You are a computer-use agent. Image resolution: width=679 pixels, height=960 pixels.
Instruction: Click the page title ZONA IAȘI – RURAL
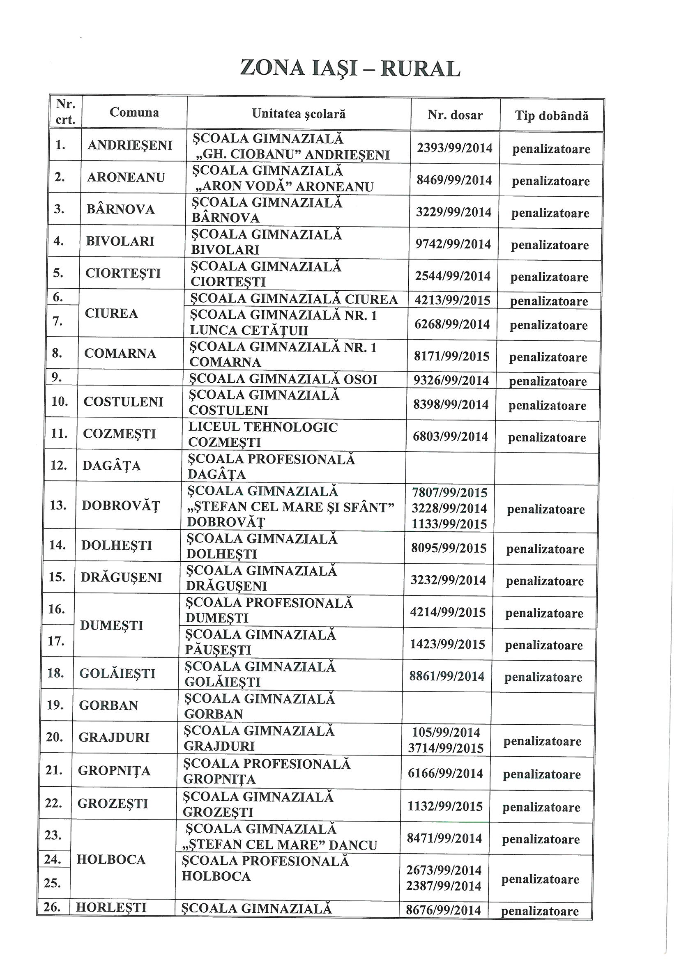click(x=350, y=68)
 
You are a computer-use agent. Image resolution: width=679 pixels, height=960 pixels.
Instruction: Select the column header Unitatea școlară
click(x=299, y=114)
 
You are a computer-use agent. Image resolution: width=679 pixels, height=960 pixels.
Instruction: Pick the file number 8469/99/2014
click(x=454, y=180)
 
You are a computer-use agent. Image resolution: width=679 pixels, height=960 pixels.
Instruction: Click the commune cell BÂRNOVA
click(x=120, y=209)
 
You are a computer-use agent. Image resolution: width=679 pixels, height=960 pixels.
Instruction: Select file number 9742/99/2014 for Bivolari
click(x=453, y=244)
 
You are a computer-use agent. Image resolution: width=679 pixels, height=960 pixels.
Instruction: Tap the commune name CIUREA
click(x=111, y=313)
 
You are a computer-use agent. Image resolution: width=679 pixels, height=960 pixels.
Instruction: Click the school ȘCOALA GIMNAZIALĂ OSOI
click(x=283, y=379)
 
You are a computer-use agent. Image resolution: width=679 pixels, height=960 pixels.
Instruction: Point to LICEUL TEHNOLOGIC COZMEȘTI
click(x=263, y=434)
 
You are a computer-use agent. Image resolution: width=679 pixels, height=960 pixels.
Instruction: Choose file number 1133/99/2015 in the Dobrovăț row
click(x=449, y=524)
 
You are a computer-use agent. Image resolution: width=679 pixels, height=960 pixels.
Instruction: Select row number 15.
click(x=57, y=577)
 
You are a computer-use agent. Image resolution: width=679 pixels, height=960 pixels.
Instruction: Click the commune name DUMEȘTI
click(x=111, y=625)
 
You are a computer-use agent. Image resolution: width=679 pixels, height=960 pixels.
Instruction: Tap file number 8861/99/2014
click(x=447, y=676)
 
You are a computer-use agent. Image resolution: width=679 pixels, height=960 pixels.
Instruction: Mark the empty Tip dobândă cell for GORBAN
click(x=543, y=708)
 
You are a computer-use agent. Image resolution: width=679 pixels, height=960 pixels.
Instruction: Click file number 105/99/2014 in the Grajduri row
click(x=446, y=732)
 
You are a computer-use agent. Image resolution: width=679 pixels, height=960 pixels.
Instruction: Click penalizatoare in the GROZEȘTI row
click(x=541, y=807)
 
